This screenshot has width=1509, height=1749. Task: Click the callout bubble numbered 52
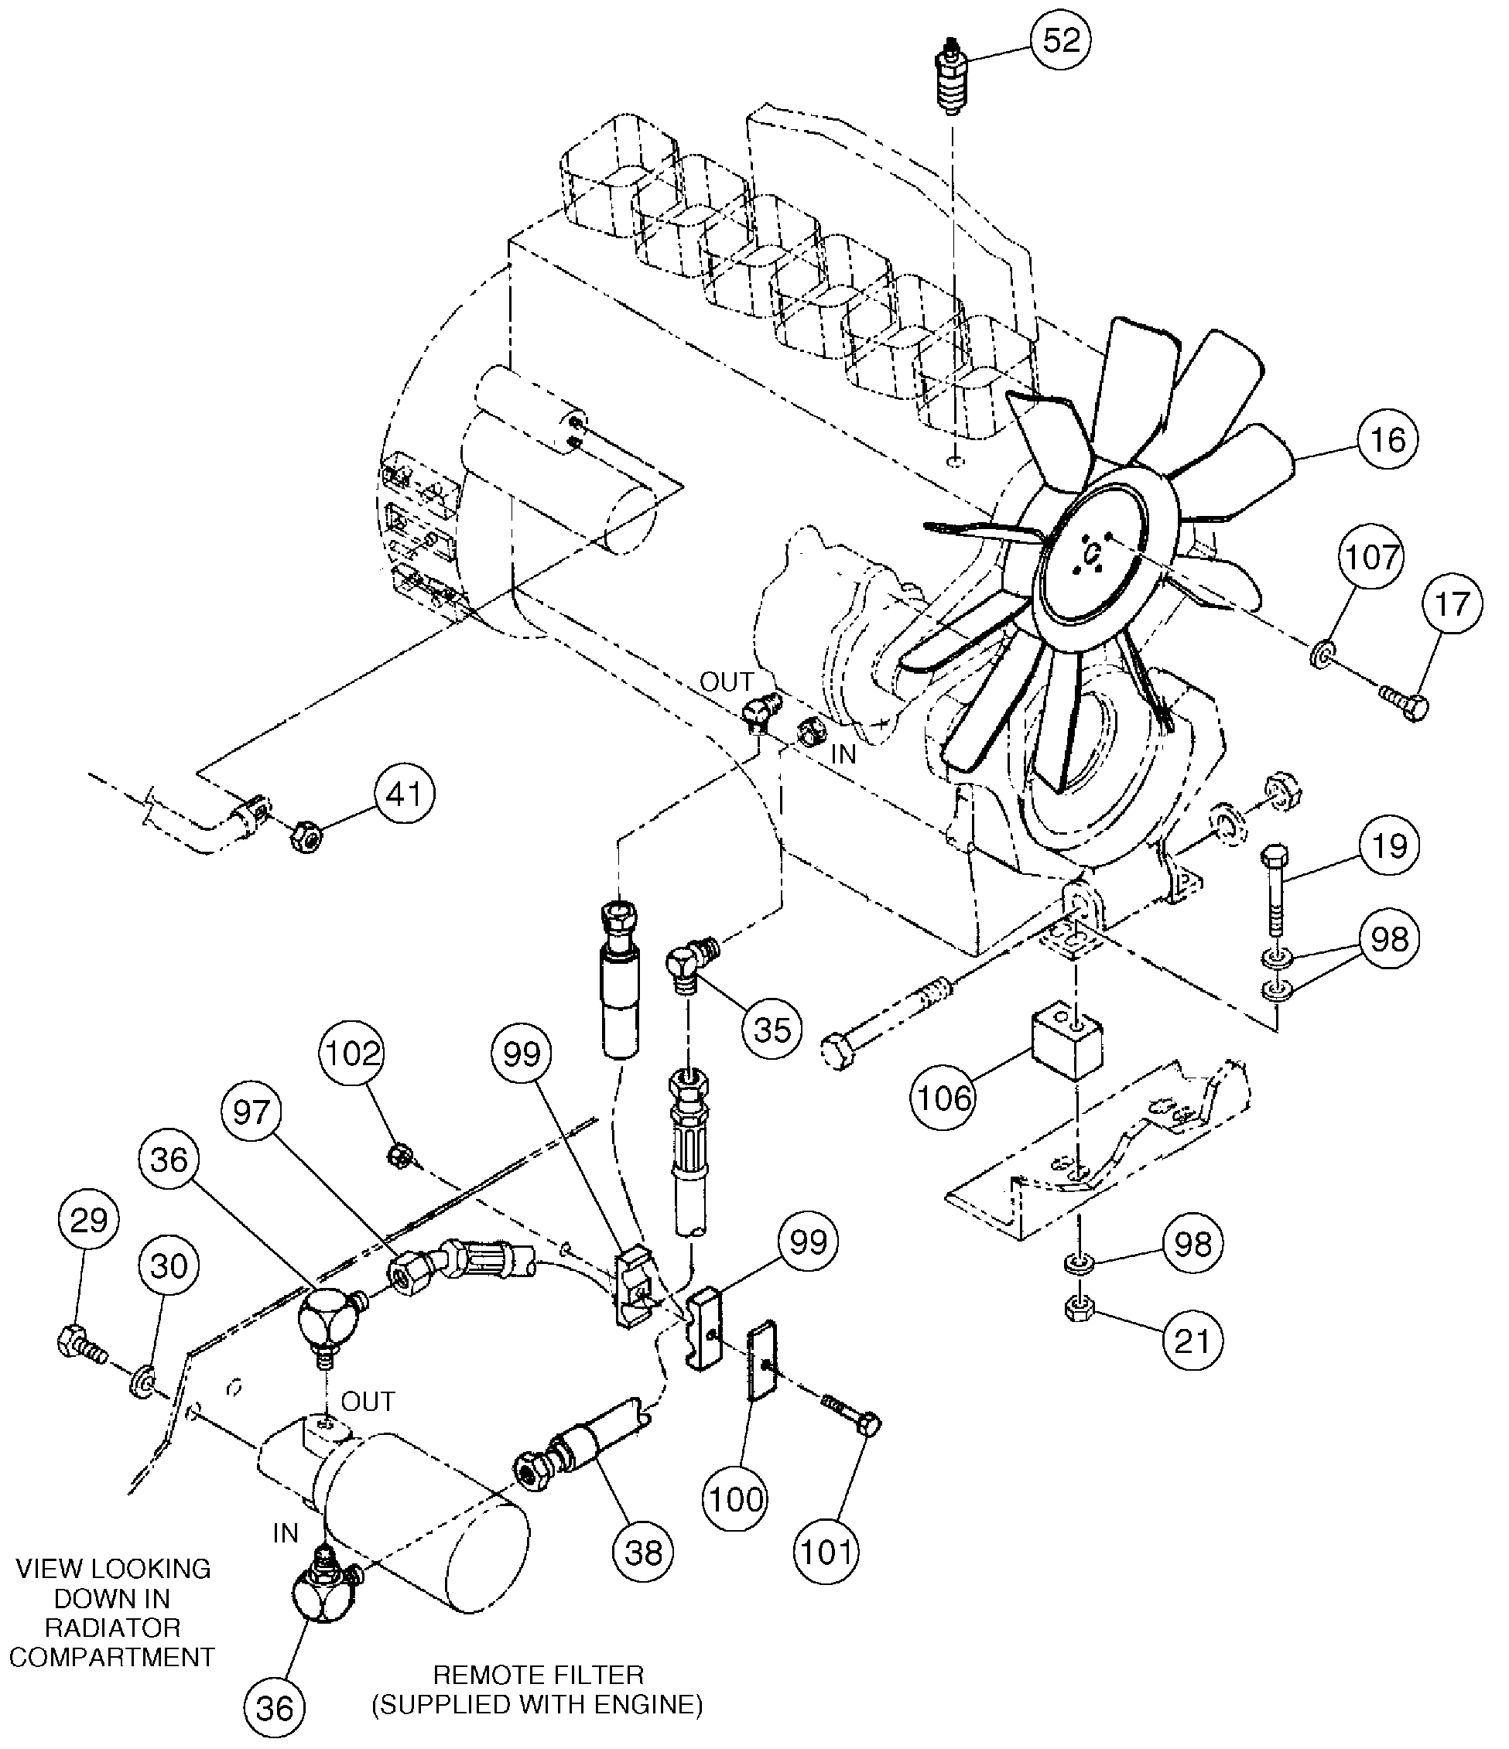(x=1061, y=40)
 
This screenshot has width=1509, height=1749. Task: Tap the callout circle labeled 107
(x=1370, y=557)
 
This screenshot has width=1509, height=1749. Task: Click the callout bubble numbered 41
(x=405, y=794)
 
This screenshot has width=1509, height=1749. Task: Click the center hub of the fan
(x=1093, y=554)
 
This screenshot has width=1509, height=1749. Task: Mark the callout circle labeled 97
(x=251, y=1112)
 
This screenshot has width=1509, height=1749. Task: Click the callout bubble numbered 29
(x=89, y=1220)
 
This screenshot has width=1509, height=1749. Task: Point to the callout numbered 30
(x=168, y=1266)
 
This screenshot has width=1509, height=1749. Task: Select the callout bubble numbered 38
(x=644, y=1553)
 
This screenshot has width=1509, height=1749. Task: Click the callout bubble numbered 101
(x=826, y=1552)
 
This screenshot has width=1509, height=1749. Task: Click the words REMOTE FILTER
(x=538, y=1675)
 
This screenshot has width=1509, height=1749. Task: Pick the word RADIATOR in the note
(x=112, y=1628)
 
